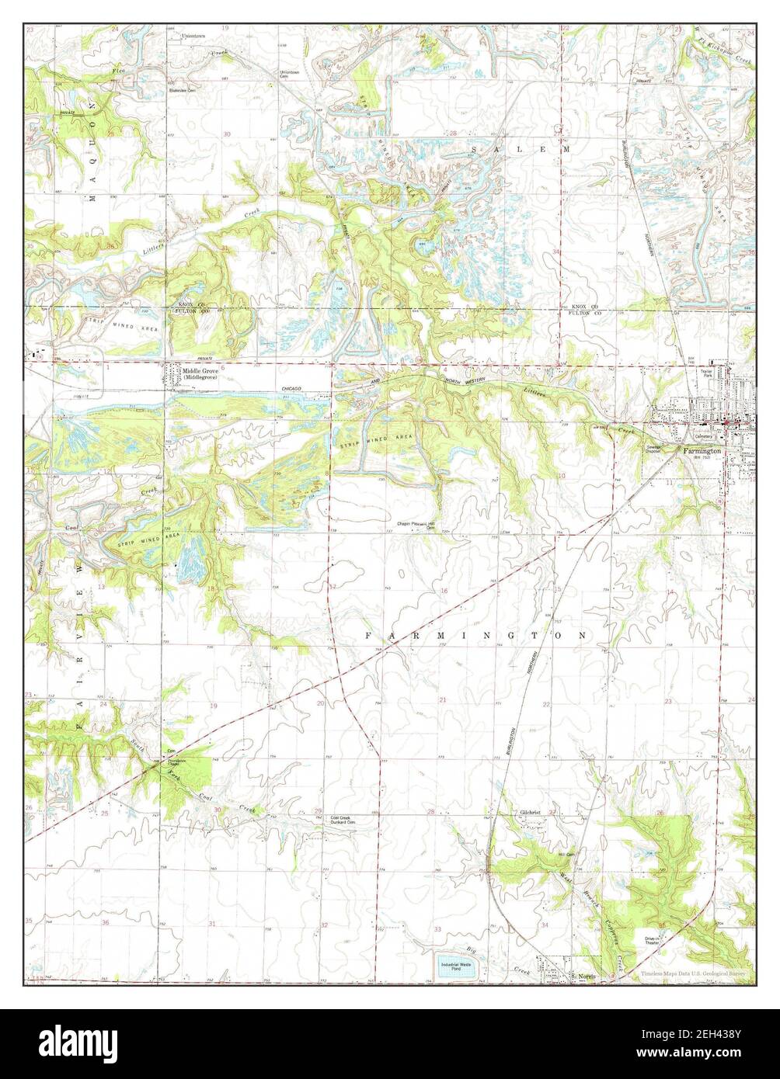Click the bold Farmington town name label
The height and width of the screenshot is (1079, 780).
point(702,450)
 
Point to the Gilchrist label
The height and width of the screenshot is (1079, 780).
point(535,813)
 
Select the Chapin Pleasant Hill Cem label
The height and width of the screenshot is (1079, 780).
point(424,525)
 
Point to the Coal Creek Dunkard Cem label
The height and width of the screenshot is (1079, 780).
point(342,820)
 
